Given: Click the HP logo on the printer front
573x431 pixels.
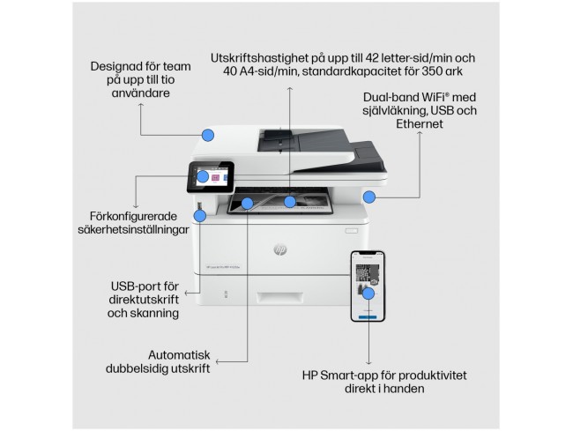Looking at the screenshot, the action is (280, 249).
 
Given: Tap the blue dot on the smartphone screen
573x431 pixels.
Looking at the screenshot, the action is (368, 294).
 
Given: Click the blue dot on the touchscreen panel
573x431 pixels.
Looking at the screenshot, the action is (203, 176).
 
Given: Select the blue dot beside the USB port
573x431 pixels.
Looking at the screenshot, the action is (200, 216).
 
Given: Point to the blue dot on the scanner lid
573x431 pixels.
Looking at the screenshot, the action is (208, 135).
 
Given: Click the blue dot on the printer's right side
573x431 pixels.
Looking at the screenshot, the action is (369, 197).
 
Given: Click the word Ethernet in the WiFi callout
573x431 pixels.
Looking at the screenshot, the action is (420, 123).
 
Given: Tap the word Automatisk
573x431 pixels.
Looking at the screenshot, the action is (179, 355).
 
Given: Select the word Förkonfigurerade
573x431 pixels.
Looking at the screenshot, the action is (133, 216).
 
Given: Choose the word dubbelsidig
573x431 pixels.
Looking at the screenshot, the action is (139, 368).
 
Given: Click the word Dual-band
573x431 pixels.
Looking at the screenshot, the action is (391, 98).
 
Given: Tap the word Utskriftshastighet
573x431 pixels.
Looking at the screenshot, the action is (259, 58).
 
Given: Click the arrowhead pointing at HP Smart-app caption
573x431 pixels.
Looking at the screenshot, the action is (368, 363).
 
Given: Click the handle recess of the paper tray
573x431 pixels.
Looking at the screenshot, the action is (279, 298).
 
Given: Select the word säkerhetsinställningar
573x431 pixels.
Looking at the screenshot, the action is (133, 230).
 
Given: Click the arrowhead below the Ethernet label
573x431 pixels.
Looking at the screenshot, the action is (420, 133).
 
